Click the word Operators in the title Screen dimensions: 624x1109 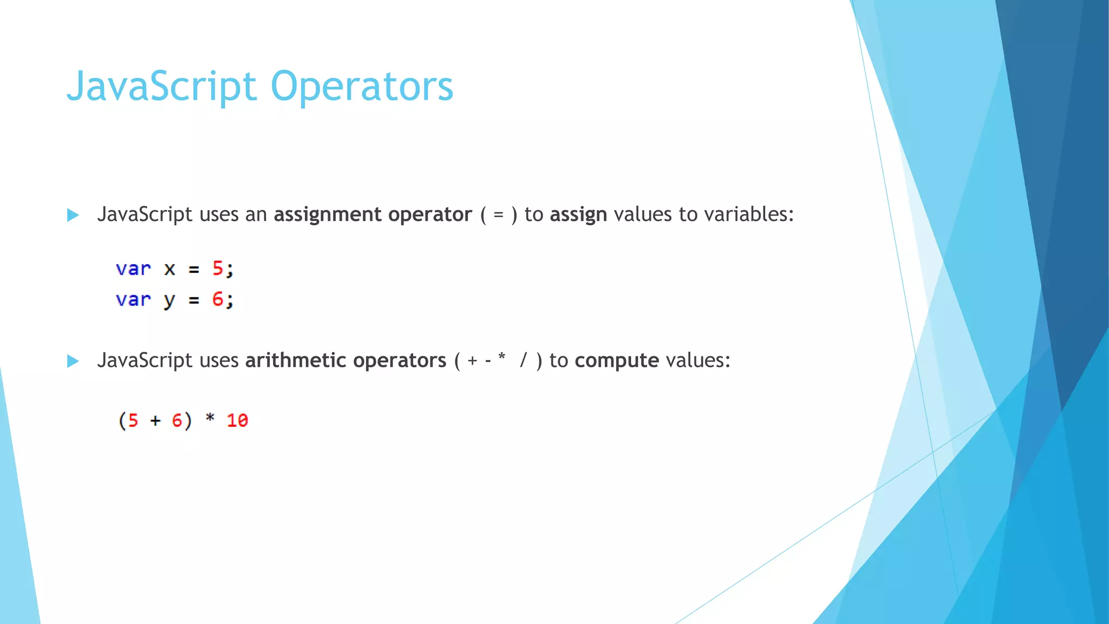[x=361, y=87]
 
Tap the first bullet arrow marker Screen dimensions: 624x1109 [x=73, y=215]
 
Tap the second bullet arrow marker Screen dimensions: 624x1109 [x=73, y=361]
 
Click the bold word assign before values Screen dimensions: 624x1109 [x=578, y=215]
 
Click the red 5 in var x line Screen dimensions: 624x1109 [x=218, y=268]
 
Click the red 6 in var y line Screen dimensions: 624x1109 [x=218, y=299]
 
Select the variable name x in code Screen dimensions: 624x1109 [x=169, y=269]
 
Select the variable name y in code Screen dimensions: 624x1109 [x=169, y=301]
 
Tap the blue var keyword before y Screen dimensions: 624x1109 [x=133, y=300]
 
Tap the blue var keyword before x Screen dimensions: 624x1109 [x=133, y=269]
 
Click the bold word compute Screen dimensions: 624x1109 [x=617, y=361]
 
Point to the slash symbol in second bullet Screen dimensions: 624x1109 [x=523, y=360]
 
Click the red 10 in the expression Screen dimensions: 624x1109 [x=237, y=420]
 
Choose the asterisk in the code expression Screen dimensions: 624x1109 [x=210, y=418]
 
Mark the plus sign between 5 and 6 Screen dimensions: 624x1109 [x=155, y=420]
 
